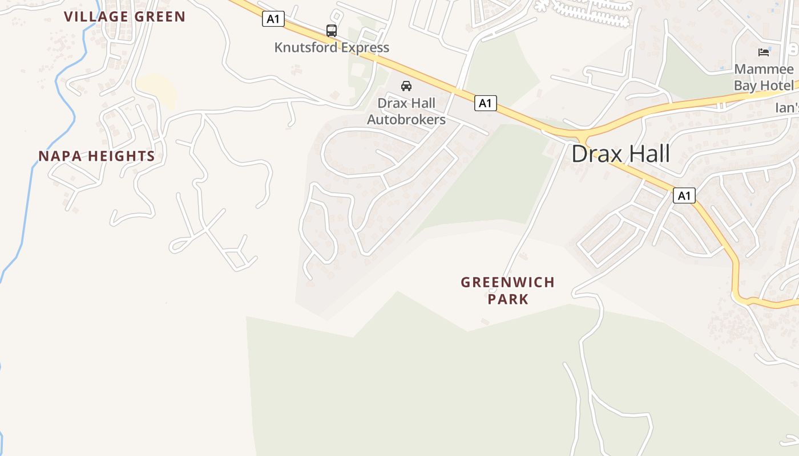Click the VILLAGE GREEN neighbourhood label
124,17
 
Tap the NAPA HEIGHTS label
96,156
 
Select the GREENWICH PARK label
507,290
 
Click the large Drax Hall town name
620,154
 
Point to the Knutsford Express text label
332,47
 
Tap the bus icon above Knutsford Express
332,31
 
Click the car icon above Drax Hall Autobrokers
406,86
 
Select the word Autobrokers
406,120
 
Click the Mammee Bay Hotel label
764,78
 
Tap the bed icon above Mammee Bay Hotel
764,52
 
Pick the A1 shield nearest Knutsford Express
273,19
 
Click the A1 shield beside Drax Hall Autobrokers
485,103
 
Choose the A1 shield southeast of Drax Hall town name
684,196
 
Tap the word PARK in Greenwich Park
508,299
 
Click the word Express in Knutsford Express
363,47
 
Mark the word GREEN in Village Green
160,17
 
